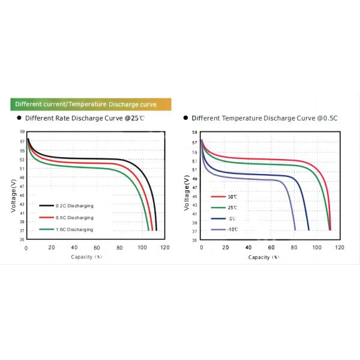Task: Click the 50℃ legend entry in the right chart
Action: [x=232, y=197]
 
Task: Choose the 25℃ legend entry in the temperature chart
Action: [x=232, y=208]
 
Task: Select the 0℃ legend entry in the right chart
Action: [x=232, y=218]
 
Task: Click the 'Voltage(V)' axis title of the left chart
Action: [x=13, y=193]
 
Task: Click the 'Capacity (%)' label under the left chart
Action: [x=86, y=256]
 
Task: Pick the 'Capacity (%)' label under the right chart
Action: [x=264, y=256]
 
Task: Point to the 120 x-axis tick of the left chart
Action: [x=165, y=248]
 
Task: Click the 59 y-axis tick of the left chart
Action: [x=23, y=131]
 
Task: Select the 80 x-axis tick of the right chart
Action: [x=293, y=248]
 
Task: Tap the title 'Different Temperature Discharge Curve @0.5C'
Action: [x=265, y=118]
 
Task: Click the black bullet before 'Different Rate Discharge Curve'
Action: [x=19, y=118]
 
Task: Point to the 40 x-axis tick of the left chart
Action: [x=74, y=248]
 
